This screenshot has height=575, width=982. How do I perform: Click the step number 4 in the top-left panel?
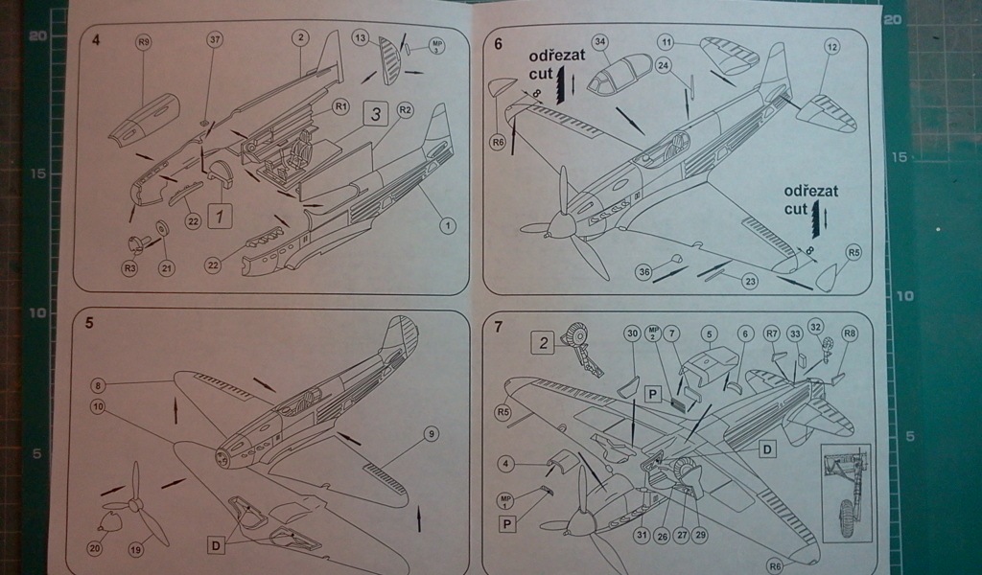[x=96, y=40]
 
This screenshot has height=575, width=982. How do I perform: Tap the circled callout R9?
[x=144, y=41]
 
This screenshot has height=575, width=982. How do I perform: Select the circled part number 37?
[x=215, y=39]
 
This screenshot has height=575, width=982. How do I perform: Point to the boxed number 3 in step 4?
[x=377, y=114]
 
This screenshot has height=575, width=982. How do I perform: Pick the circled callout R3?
[x=130, y=268]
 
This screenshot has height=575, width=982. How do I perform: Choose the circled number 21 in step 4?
[x=167, y=268]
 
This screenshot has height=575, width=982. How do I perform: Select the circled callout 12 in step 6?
[x=831, y=46]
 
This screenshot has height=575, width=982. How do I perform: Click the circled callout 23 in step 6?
[x=748, y=281]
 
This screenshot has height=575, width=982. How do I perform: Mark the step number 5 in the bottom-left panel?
[x=89, y=323]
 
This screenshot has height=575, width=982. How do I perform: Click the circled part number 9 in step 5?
[x=431, y=434]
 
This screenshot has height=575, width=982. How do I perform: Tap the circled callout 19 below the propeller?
[x=135, y=550]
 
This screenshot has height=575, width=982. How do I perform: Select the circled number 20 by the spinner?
[x=95, y=549]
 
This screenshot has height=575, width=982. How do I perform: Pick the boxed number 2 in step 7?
[x=543, y=343]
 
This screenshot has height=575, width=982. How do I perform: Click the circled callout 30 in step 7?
[x=631, y=333]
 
